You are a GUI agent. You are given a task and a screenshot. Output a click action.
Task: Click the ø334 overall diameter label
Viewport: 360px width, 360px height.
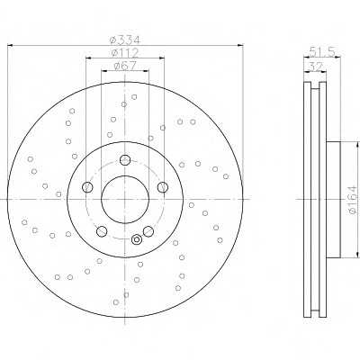(125, 40)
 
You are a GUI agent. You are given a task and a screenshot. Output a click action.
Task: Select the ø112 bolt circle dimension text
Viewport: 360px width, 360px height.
(125, 53)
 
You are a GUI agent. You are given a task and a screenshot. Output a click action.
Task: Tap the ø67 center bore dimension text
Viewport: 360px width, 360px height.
(125, 66)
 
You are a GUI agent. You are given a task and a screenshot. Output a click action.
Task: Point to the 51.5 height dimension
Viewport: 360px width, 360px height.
(322, 52)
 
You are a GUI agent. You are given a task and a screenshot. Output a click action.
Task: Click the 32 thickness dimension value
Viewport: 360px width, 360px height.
(315, 67)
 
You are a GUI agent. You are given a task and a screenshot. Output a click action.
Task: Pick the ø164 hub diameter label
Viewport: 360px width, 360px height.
(354, 200)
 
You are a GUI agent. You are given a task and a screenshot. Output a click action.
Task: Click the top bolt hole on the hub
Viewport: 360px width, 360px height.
(125, 160)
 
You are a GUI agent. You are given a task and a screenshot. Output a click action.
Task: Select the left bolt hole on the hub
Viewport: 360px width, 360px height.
(87, 187)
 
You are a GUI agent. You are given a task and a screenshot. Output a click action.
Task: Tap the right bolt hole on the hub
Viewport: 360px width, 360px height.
(163, 187)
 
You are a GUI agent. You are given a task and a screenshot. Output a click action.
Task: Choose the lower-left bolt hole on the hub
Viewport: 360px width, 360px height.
(102, 231)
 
